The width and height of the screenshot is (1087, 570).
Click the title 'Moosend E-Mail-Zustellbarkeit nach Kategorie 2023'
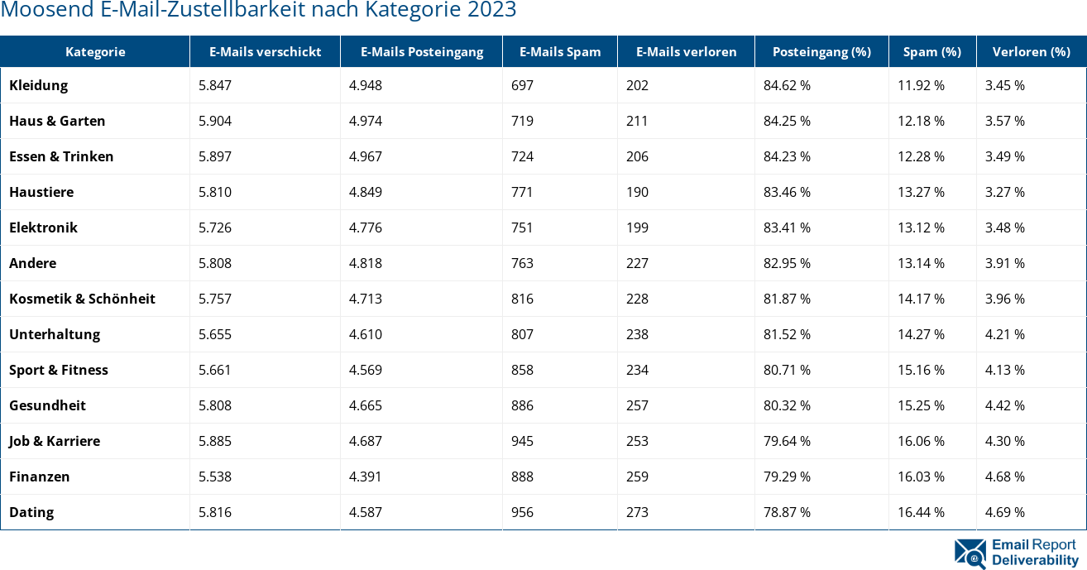pos(258,11)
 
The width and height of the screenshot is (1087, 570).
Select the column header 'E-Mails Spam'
pos(559,51)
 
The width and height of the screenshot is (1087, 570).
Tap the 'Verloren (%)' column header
pos(1031,51)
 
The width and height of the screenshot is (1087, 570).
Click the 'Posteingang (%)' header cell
pos(821,51)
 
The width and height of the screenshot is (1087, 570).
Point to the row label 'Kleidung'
pos(38,85)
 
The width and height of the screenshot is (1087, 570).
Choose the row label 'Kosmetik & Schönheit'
pos(82,299)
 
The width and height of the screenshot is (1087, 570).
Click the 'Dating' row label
pos(31,512)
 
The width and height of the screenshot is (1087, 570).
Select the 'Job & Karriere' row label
pos(55,441)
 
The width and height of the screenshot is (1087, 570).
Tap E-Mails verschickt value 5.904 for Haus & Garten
pos(215,121)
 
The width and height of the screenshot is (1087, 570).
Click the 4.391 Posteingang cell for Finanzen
pos(366,477)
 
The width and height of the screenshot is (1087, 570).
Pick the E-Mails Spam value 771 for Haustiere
pos(522,192)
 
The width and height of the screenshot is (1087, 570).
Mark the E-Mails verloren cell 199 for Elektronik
pos(637,228)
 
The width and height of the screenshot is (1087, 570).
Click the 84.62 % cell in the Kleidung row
pos(787,85)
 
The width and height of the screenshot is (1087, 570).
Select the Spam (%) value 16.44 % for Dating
pos(921,512)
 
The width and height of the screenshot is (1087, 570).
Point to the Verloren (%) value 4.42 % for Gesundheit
pos(1004,405)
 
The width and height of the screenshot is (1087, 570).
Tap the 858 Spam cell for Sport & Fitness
pos(522,370)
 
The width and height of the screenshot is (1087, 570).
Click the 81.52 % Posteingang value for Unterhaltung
pos(787,334)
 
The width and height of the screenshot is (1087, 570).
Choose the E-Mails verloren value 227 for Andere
pos(637,263)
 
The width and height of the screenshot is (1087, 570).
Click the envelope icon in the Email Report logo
pos(970,553)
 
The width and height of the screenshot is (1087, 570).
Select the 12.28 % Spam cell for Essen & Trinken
pos(921,156)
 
